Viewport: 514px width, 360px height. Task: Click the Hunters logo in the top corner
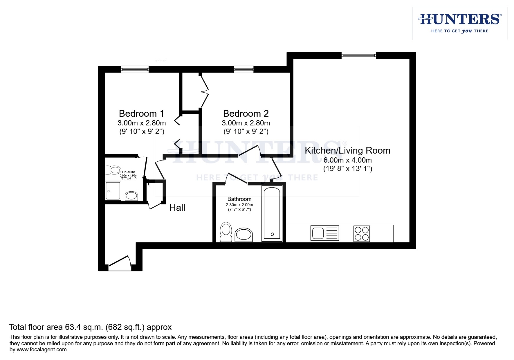pos(459,23)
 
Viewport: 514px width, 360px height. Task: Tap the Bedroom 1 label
pos(141,114)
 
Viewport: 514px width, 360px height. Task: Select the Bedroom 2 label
pos(246,114)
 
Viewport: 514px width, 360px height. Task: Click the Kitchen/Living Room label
pos(347,151)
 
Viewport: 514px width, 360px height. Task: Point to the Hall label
pos(177,208)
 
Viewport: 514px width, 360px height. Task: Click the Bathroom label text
pos(239,199)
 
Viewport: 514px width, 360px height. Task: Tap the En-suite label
pos(128,172)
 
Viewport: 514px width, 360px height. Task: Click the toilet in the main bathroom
pos(226,232)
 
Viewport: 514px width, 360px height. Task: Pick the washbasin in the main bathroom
pos(244,235)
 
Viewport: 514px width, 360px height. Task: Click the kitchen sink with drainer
pos(324,233)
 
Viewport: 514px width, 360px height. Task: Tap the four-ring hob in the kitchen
pos(361,233)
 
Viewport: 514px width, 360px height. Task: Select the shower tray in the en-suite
pos(113,191)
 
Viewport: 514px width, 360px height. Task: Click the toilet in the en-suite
pos(113,170)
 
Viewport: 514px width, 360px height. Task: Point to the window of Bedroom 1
pos(135,69)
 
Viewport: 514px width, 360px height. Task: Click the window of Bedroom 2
pos(243,69)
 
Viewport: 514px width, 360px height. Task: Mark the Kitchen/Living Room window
pos(359,55)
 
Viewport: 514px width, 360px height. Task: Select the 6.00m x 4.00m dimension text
pos(347,160)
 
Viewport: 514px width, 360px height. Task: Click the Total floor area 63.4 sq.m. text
pos(90,327)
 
